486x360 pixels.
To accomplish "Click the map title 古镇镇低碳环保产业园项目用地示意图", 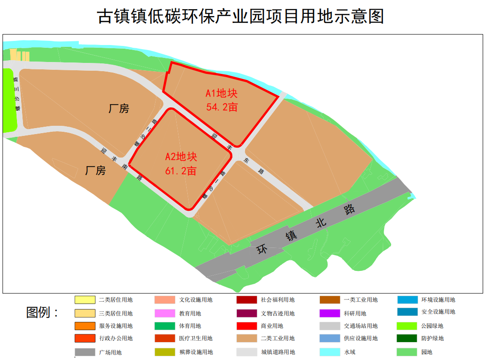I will (x=241, y=17).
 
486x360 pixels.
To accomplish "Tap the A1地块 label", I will (x=221, y=94).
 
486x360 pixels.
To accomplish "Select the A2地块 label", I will (x=181, y=157).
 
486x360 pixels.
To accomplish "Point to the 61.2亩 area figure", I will (x=181, y=171).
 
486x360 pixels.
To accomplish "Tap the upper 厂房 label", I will (x=119, y=109).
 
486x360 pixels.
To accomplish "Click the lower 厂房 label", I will (x=95, y=171).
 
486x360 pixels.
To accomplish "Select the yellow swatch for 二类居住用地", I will (x=85, y=300).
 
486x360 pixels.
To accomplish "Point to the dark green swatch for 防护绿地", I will (x=407, y=338).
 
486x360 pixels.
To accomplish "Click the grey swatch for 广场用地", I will (x=85, y=352).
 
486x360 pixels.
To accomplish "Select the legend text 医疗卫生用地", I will (x=196, y=338).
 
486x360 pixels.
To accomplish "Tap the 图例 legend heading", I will (x=43, y=313).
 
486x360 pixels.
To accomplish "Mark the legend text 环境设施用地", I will (x=438, y=300).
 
